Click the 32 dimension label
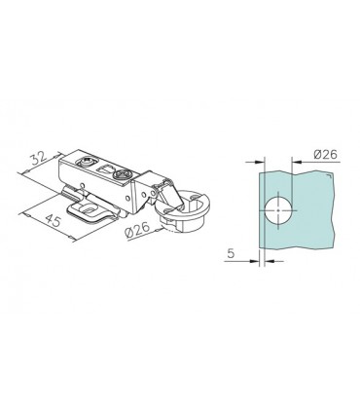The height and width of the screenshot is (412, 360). coord(39,159)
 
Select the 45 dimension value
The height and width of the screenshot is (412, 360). coord(53,220)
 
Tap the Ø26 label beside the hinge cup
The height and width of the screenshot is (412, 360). coord(136,230)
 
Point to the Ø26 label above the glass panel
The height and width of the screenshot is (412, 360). coord(326,155)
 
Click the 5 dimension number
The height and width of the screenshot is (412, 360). coord(231,253)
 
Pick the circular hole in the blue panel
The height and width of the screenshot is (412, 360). coord(278,210)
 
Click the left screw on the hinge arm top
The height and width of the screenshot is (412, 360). coord(87,162)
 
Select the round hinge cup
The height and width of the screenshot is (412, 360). coord(183,210)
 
